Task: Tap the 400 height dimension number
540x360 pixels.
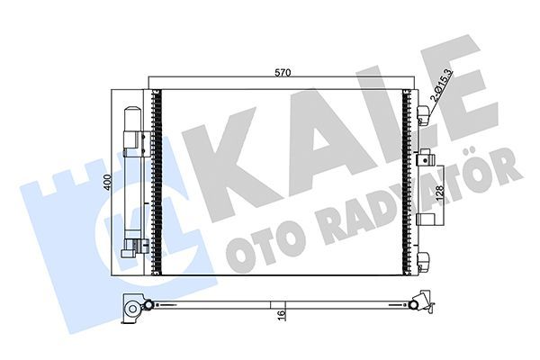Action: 107,181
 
